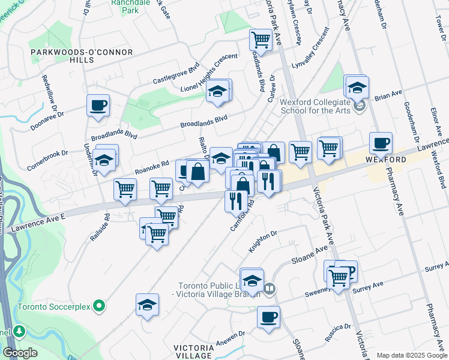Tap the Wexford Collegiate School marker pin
pyautogui.click(x=360, y=107)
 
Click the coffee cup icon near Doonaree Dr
pyautogui.click(x=98, y=106)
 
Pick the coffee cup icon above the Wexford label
pyautogui.click(x=381, y=143)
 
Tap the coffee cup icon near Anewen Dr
pyautogui.click(x=268, y=317)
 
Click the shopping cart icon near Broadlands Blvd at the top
pyautogui.click(x=261, y=40)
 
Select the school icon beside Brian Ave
pyautogui.click(x=357, y=86)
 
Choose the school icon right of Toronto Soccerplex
pyautogui.click(x=147, y=305)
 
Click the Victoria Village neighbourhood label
pyautogui.click(x=193, y=352)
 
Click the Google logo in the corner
pyautogui.click(x=20, y=353)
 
